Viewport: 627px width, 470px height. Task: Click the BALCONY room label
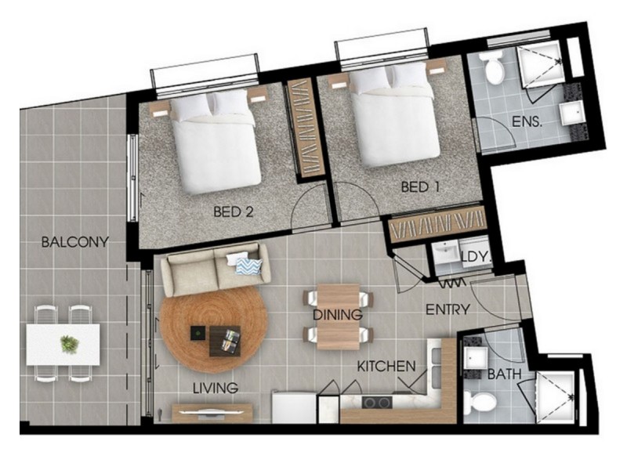pyautogui.click(x=74, y=242)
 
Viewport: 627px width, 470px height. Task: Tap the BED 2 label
pyautogui.click(x=234, y=211)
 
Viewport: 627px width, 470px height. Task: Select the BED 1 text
pyautogui.click(x=421, y=187)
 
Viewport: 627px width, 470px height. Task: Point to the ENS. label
pyautogui.click(x=527, y=121)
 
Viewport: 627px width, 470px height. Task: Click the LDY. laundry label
pyautogui.click(x=476, y=257)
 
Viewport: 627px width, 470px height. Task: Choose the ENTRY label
pyautogui.click(x=448, y=309)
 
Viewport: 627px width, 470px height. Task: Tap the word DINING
pyautogui.click(x=338, y=315)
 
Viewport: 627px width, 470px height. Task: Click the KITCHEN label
pyautogui.click(x=386, y=366)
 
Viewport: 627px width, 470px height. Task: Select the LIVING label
pyautogui.click(x=216, y=388)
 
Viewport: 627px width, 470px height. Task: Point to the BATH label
pyautogui.click(x=504, y=374)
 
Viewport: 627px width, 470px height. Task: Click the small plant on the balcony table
pyautogui.click(x=70, y=344)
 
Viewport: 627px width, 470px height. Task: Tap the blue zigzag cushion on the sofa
pyautogui.click(x=248, y=266)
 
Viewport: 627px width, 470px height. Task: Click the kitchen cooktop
pyautogui.click(x=377, y=403)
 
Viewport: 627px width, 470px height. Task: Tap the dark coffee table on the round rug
pyautogui.click(x=225, y=341)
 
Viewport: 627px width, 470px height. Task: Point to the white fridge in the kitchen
pyautogui.click(x=295, y=407)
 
